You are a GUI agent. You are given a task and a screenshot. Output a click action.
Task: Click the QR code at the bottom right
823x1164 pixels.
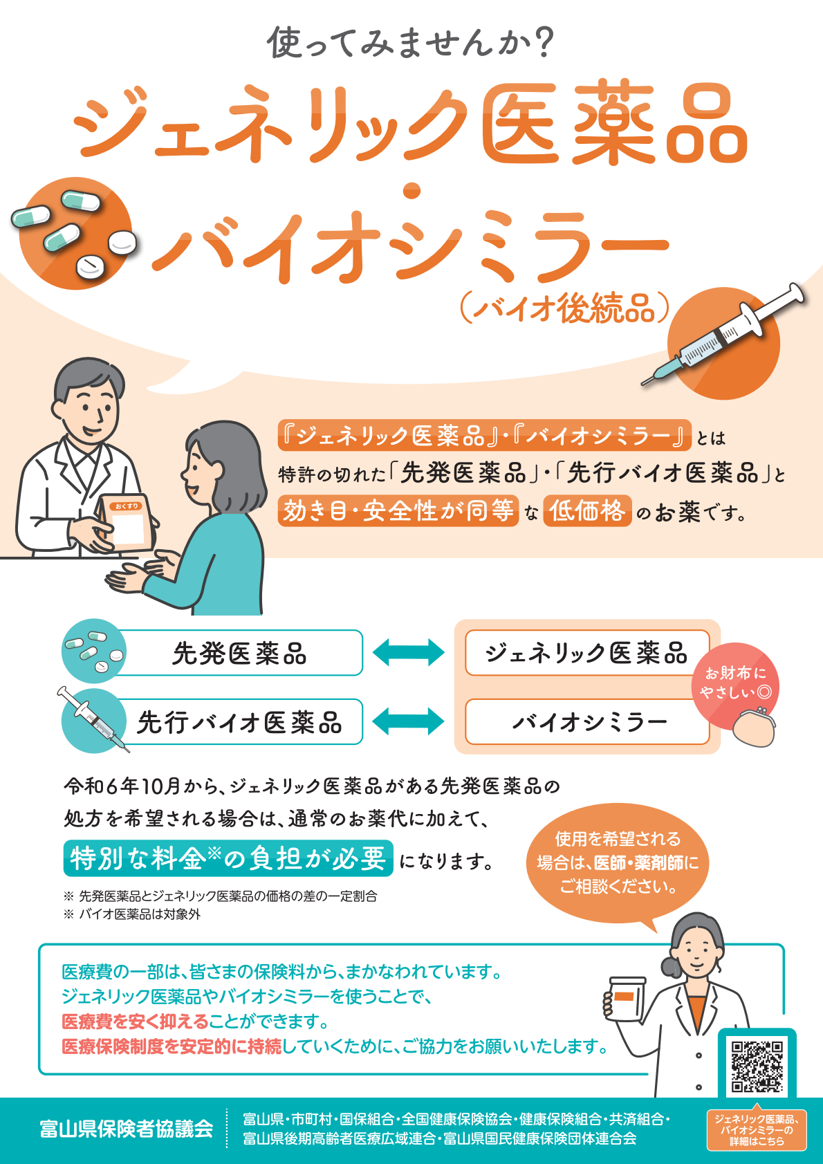(757, 1066)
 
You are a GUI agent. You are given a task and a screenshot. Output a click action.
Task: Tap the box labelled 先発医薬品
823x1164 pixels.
(239, 653)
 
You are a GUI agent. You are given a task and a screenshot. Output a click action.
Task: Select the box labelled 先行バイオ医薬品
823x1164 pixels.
(239, 722)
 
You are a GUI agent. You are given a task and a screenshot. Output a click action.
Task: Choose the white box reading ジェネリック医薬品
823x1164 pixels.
(586, 653)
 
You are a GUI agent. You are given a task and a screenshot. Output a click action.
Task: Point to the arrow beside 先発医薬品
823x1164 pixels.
(409, 652)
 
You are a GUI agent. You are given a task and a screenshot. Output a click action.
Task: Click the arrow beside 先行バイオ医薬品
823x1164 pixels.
(409, 721)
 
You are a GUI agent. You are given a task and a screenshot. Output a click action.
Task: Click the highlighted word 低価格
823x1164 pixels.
(587, 511)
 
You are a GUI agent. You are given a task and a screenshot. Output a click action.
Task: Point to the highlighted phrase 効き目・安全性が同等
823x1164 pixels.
(398, 511)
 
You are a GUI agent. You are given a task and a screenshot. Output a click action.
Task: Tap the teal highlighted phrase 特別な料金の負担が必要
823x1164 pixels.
(228, 858)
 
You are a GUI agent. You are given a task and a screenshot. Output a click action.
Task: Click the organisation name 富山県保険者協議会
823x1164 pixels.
(126, 1129)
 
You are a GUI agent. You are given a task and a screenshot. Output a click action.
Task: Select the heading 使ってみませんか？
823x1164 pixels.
(411, 43)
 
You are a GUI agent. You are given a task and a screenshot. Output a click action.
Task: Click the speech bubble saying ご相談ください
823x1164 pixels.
(618, 863)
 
